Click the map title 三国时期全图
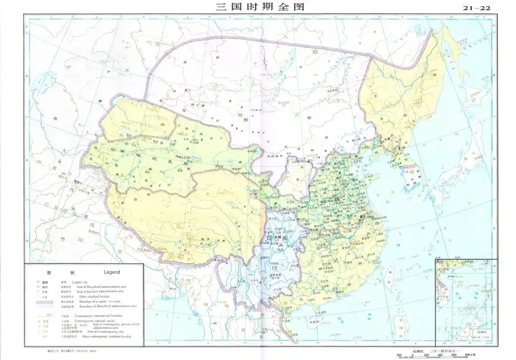pyautogui.click(x=259, y=7)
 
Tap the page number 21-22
pyautogui.click(x=477, y=8)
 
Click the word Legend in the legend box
pyautogui.click(x=112, y=272)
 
